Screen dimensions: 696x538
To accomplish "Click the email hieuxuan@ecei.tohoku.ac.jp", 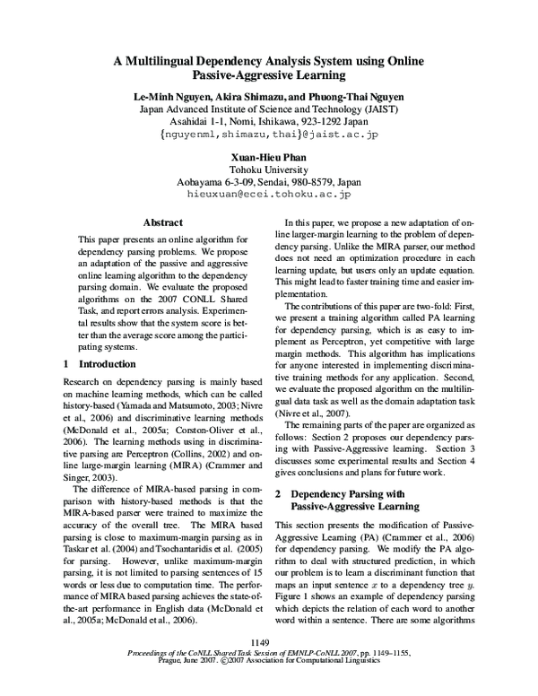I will (x=268, y=193).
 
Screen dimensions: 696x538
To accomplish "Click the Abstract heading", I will (x=162, y=222).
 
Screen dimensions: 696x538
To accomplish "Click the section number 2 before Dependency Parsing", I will (x=278, y=494).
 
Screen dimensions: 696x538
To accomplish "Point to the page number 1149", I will (x=261, y=641).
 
